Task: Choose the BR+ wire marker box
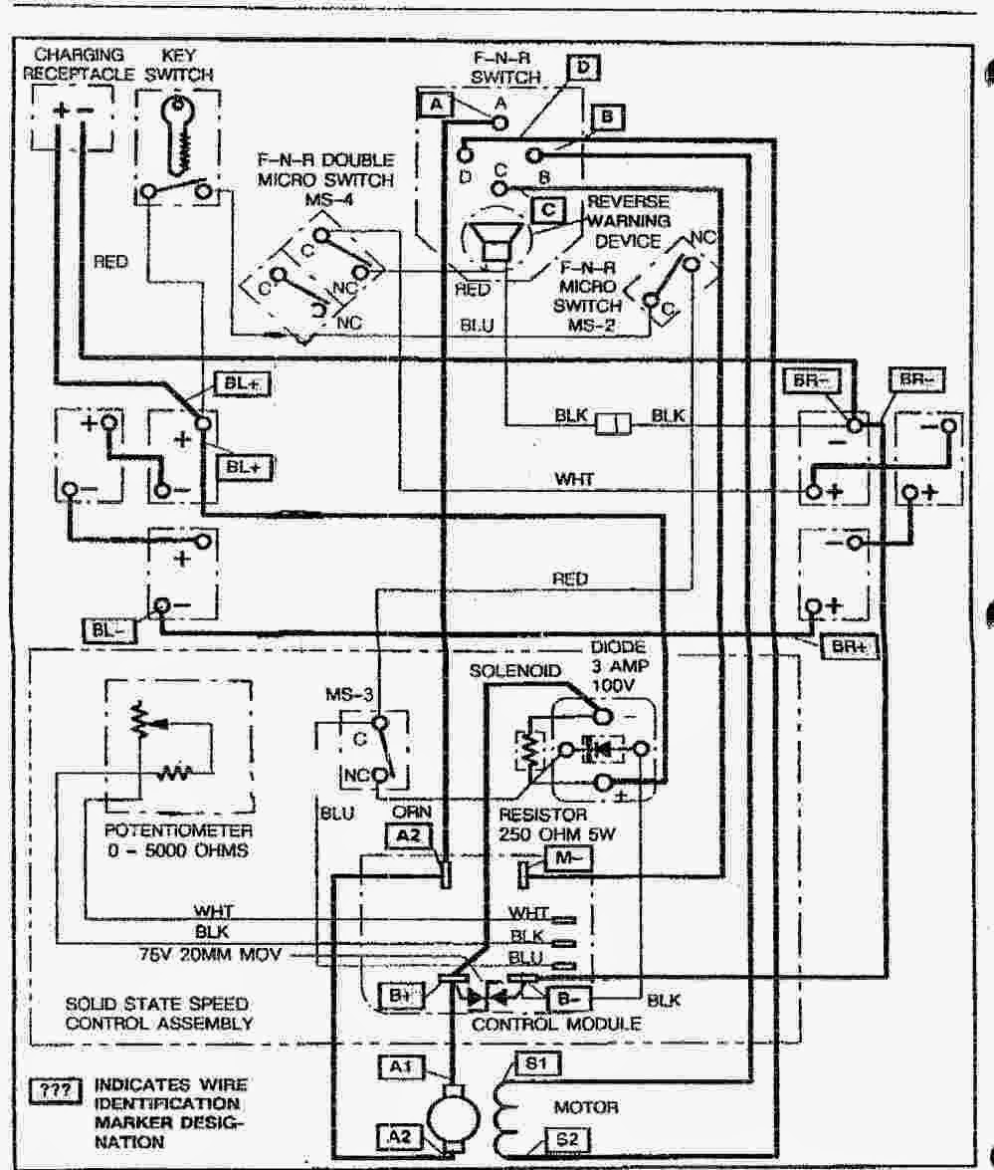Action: point(849,645)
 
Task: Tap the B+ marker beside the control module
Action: point(403,994)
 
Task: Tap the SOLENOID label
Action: point(509,672)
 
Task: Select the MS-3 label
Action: point(349,693)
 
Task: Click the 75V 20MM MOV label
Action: point(212,954)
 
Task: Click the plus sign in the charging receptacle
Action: point(62,110)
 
